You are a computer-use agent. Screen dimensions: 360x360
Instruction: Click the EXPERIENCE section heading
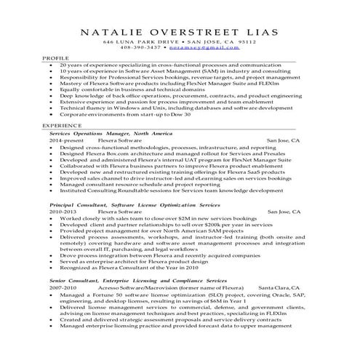click(x=60, y=125)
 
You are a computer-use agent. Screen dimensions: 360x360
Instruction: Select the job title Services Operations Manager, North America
click(x=111, y=134)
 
